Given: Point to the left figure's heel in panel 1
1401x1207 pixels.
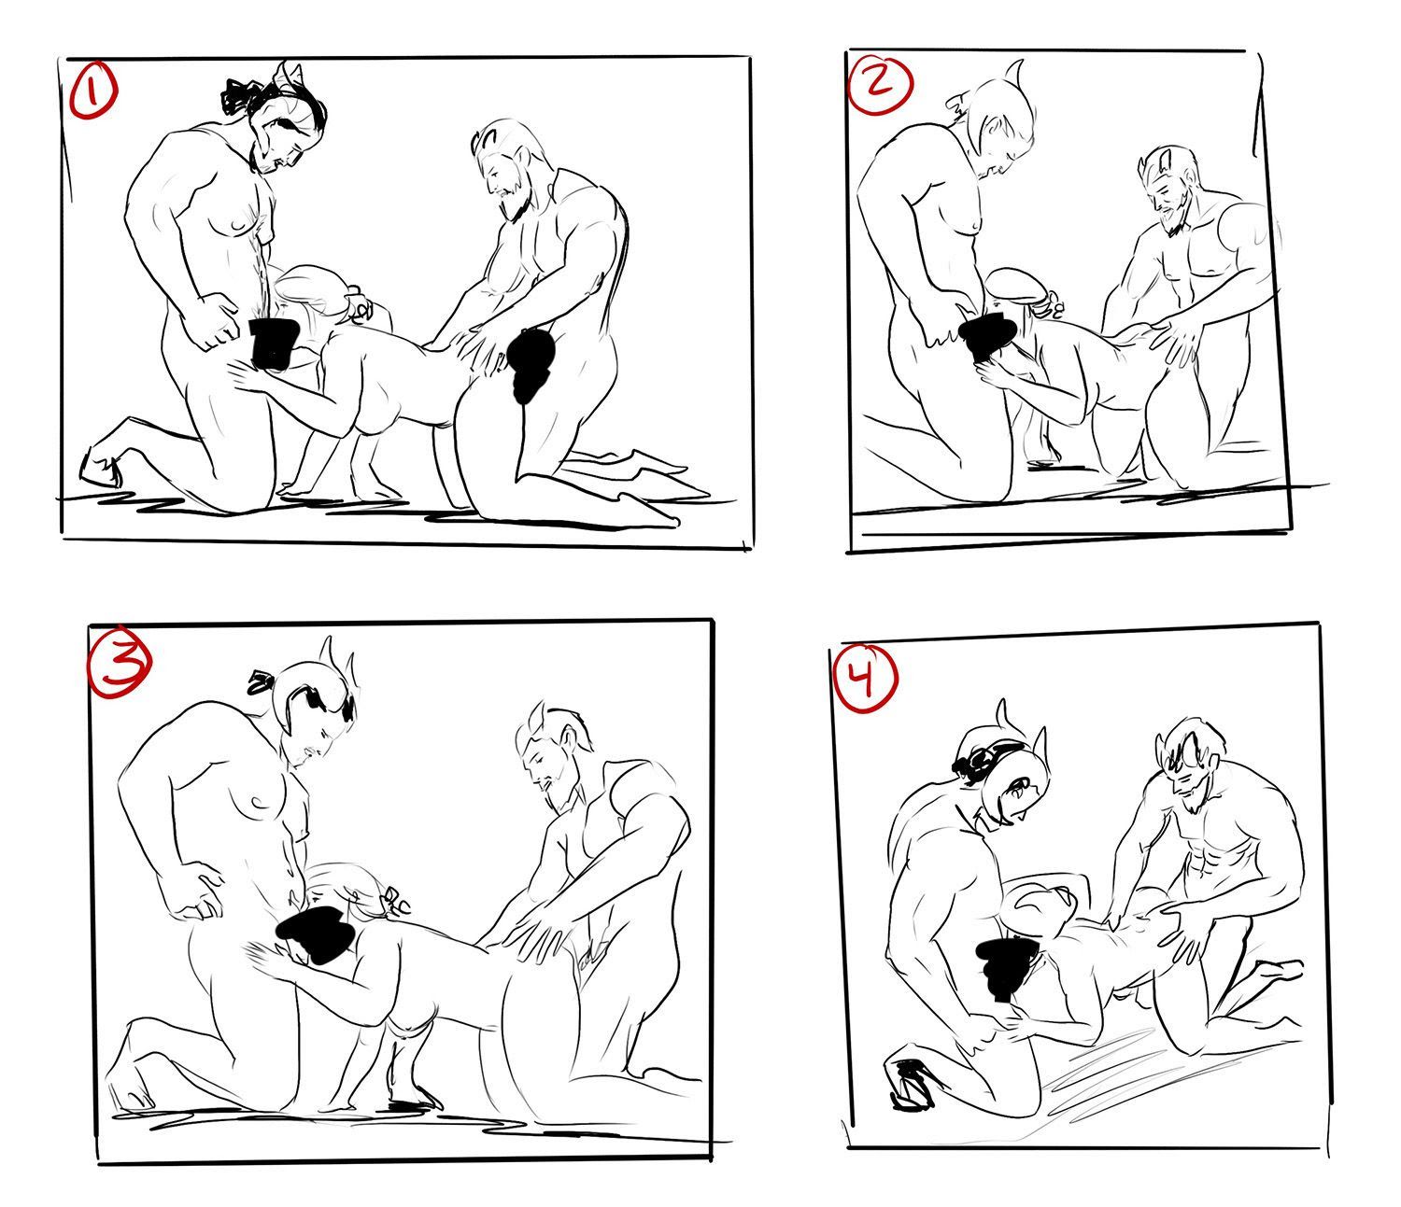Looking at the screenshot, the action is tap(97, 468).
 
